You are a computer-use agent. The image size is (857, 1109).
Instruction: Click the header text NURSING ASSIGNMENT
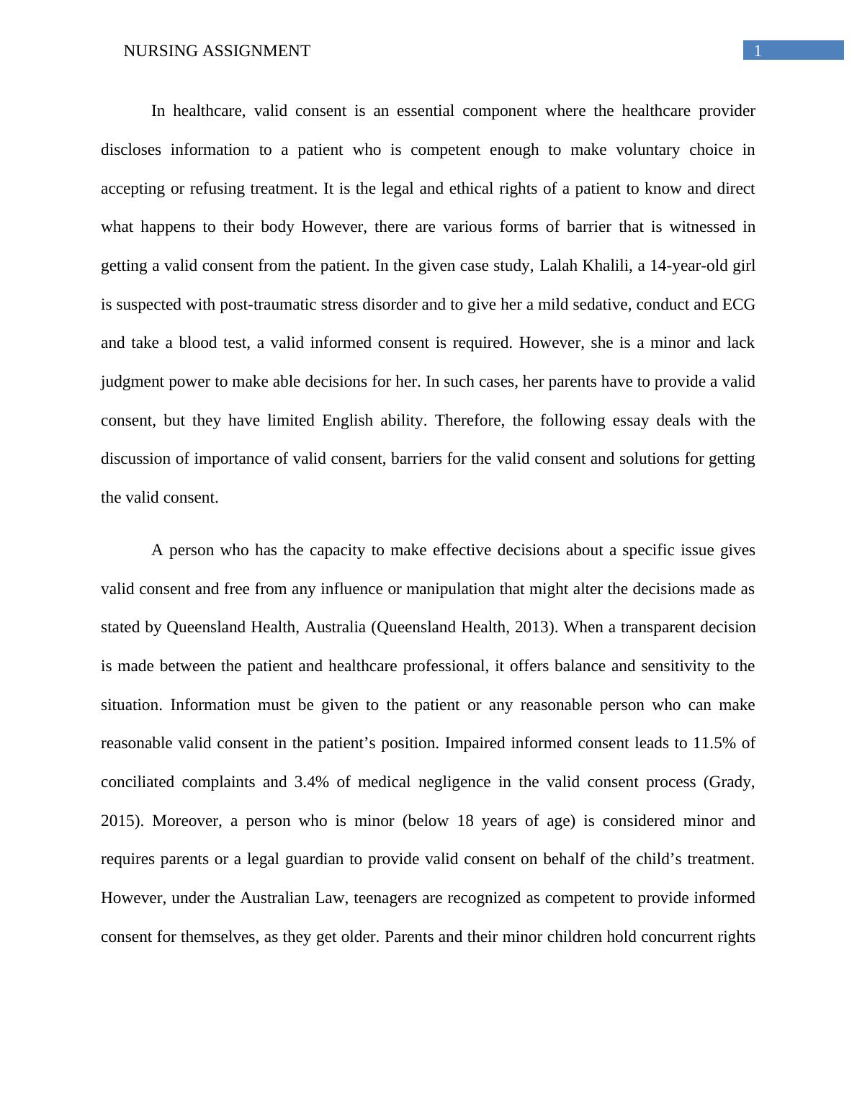pyautogui.click(x=217, y=51)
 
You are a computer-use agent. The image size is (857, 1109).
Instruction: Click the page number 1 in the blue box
pyautogui.click(x=758, y=50)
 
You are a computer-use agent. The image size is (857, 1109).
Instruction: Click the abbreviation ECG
pyautogui.click(x=738, y=305)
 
